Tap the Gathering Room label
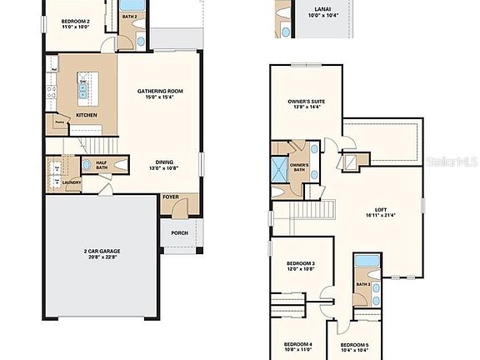(x=160, y=95)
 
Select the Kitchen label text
(x=86, y=115)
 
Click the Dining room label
(x=160, y=166)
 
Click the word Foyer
(x=171, y=197)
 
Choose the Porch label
(x=179, y=233)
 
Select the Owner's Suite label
(x=305, y=102)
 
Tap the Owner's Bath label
(x=299, y=166)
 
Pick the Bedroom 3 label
(x=301, y=266)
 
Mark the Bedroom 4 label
(x=297, y=346)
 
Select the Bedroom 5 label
(x=355, y=346)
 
